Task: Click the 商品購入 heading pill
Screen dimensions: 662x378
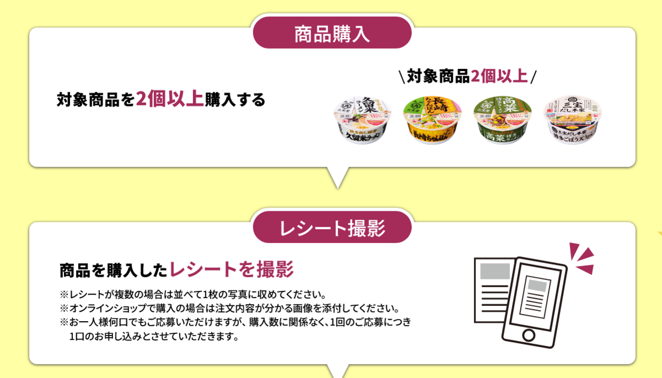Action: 332,34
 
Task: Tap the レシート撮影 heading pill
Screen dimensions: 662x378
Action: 332,228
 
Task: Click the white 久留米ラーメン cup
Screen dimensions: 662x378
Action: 362,122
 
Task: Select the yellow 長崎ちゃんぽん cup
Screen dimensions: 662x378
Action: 432,122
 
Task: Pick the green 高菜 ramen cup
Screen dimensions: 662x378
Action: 502,122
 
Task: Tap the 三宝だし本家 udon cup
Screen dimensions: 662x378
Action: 572,122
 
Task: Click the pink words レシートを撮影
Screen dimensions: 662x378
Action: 232,270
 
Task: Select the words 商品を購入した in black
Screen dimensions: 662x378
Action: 113,270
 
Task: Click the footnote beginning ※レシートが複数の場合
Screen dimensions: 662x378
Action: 194,294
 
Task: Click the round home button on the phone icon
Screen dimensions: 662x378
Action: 529,335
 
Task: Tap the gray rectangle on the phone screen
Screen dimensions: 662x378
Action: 536,286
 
